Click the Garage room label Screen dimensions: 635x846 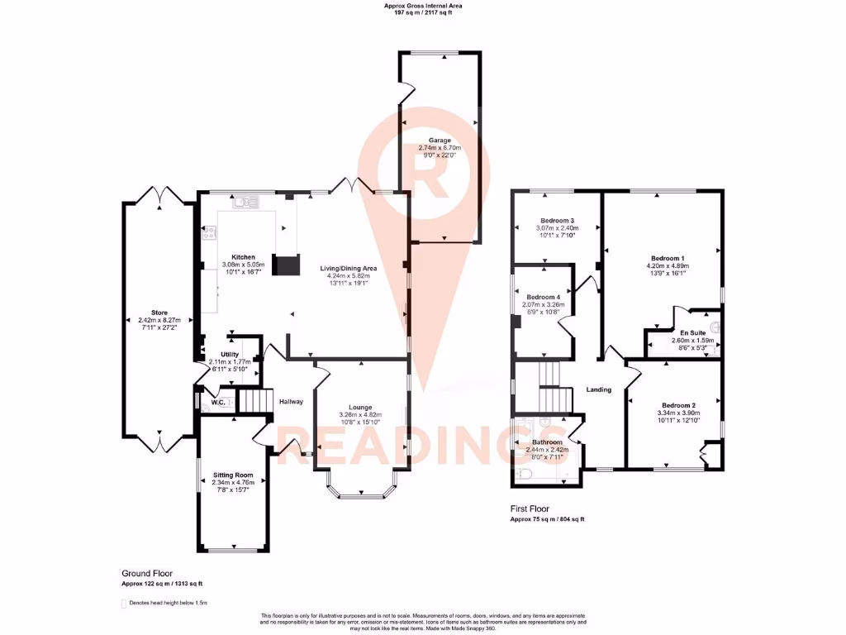439,141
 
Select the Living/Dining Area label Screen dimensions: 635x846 348,269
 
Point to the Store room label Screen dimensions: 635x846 159,313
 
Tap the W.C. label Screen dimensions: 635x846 219,403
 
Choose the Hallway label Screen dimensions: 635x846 291,402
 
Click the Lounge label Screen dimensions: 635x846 360,407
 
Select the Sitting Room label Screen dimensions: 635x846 232,475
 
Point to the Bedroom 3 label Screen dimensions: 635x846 557,221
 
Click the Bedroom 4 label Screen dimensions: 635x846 544,297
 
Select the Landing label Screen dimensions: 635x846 598,389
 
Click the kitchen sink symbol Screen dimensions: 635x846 245,202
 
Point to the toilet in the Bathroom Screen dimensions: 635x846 527,474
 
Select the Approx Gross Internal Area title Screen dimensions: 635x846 423,6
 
